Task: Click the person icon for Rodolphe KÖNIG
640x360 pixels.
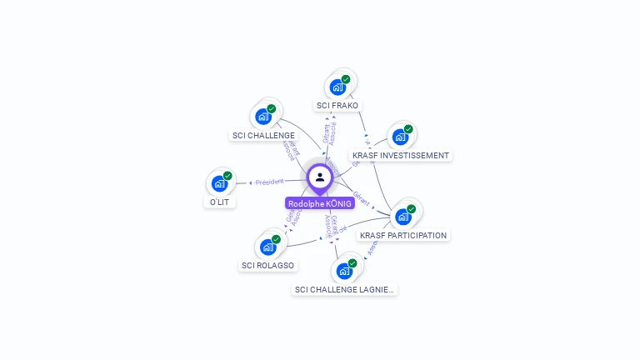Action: click(320, 177)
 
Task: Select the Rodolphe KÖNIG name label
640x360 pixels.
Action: click(320, 203)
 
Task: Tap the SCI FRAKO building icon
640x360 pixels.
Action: click(337, 87)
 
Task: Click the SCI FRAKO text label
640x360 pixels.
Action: click(337, 106)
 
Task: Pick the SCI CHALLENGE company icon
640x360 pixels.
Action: click(263, 116)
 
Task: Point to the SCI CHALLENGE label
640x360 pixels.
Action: click(263, 135)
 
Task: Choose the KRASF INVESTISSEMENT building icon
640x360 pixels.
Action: click(401, 137)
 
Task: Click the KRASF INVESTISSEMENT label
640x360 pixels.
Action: click(401, 156)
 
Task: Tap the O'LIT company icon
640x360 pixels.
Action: click(219, 183)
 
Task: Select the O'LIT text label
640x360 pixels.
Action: click(218, 202)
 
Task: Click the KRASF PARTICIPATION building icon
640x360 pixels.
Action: click(403, 217)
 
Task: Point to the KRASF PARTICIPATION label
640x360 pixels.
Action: click(404, 236)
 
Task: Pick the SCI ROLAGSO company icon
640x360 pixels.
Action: click(267, 247)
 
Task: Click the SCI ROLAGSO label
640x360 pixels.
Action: click(267, 266)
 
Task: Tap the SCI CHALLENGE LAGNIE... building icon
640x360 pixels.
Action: click(344, 271)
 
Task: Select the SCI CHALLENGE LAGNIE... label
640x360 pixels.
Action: click(345, 290)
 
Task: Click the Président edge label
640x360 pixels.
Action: click(269, 182)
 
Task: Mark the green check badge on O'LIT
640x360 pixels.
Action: click(227, 176)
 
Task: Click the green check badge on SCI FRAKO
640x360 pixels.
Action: click(346, 79)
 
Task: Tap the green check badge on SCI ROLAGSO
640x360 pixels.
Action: click(276, 239)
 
